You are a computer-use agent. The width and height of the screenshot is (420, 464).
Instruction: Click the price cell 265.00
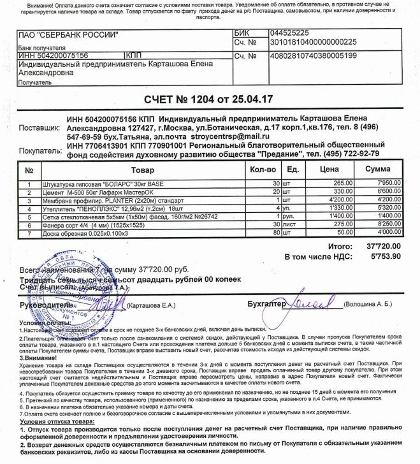(x=347, y=184)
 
